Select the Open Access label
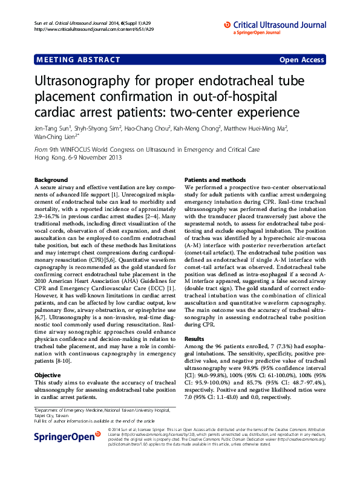click(301, 60)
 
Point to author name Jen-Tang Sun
click(53, 128)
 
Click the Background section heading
click(51, 180)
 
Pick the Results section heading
click(194, 339)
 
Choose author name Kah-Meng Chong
click(198, 128)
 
